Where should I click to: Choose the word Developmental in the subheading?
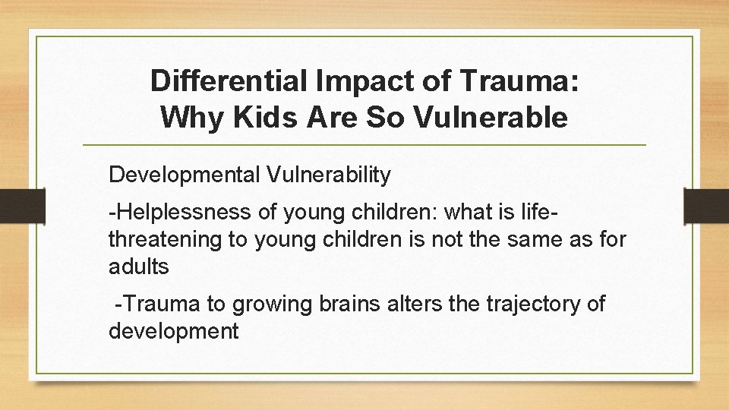(x=185, y=175)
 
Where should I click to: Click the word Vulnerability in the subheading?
(x=329, y=175)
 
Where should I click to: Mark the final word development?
(x=174, y=331)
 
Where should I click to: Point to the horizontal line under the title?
(x=364, y=144)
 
